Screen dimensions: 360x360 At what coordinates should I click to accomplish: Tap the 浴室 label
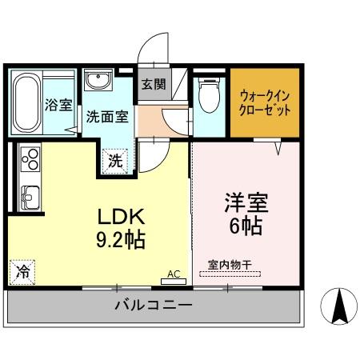(58, 105)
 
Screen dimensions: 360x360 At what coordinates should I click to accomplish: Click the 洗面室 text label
(107, 116)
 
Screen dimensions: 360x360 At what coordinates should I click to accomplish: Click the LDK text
(121, 218)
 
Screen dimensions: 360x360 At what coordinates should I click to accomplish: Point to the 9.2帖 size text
(121, 239)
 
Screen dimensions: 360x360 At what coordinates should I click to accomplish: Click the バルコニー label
(153, 306)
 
